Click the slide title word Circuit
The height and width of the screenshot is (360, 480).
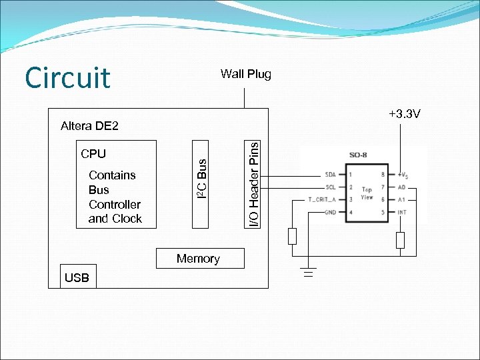pyautogui.click(x=67, y=77)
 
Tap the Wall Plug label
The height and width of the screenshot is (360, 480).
pyautogui.click(x=245, y=74)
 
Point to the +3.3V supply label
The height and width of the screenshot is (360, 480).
pyautogui.click(x=404, y=115)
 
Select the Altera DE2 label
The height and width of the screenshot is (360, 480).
pyautogui.click(x=89, y=126)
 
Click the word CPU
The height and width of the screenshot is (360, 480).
pyautogui.click(x=93, y=154)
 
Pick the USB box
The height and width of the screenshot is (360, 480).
pyautogui.click(x=77, y=278)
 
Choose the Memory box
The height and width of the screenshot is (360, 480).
pyautogui.click(x=199, y=259)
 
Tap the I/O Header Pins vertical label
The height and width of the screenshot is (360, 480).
pyautogui.click(x=253, y=182)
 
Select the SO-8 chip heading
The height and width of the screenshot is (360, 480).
pyautogui.click(x=358, y=155)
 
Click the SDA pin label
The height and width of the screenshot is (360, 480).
pyautogui.click(x=329, y=175)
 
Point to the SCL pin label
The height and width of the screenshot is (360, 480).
pyautogui.click(x=329, y=187)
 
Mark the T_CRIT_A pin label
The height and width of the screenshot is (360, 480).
pyautogui.click(x=322, y=200)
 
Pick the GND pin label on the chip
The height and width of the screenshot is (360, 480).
pyautogui.click(x=329, y=213)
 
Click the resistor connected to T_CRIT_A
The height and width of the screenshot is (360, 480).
pyautogui.click(x=292, y=236)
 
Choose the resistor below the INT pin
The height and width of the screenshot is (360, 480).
pyautogui.click(x=400, y=240)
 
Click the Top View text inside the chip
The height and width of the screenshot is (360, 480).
pyautogui.click(x=367, y=193)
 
